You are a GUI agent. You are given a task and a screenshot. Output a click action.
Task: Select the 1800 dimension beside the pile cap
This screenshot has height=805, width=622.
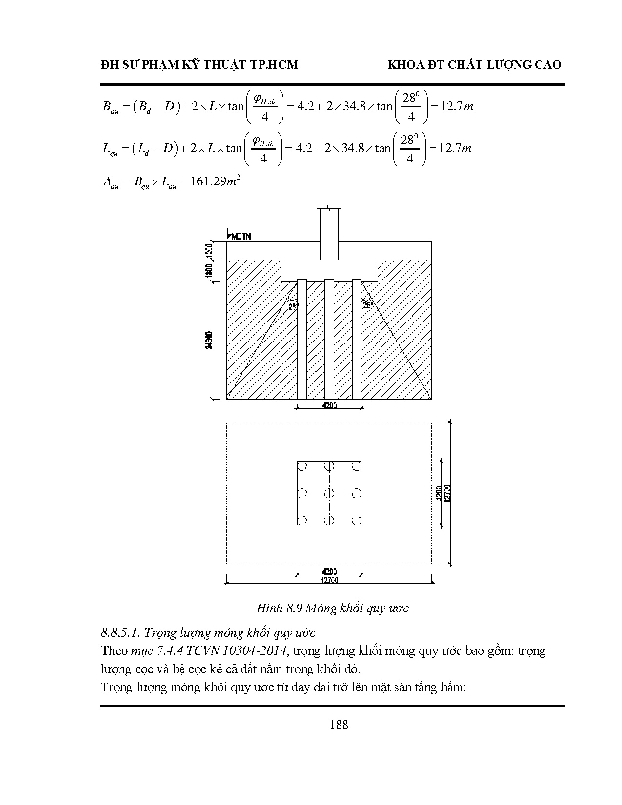pos(209,270)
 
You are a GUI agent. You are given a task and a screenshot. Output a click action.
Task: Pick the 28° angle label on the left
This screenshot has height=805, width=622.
pos(293,307)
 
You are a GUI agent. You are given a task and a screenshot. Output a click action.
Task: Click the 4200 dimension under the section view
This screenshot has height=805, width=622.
pos(329,405)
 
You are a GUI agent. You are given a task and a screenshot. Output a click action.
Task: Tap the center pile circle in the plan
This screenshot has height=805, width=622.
pos(330,493)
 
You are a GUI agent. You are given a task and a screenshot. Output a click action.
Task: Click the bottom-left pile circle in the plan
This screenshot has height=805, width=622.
pos(302,520)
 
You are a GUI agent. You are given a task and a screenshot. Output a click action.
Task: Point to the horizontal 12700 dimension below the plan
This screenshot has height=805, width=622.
pos(329,580)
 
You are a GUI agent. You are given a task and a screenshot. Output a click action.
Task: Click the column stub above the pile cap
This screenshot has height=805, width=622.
pos(329,234)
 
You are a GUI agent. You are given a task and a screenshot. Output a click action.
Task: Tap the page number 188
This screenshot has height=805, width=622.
pos(339,724)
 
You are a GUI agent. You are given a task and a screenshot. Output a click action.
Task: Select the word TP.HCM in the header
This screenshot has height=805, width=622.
pos(277,65)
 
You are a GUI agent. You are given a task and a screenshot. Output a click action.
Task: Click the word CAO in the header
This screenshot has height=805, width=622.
pos(548,65)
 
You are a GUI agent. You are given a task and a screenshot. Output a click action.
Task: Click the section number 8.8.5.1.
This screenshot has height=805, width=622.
pos(120,633)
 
